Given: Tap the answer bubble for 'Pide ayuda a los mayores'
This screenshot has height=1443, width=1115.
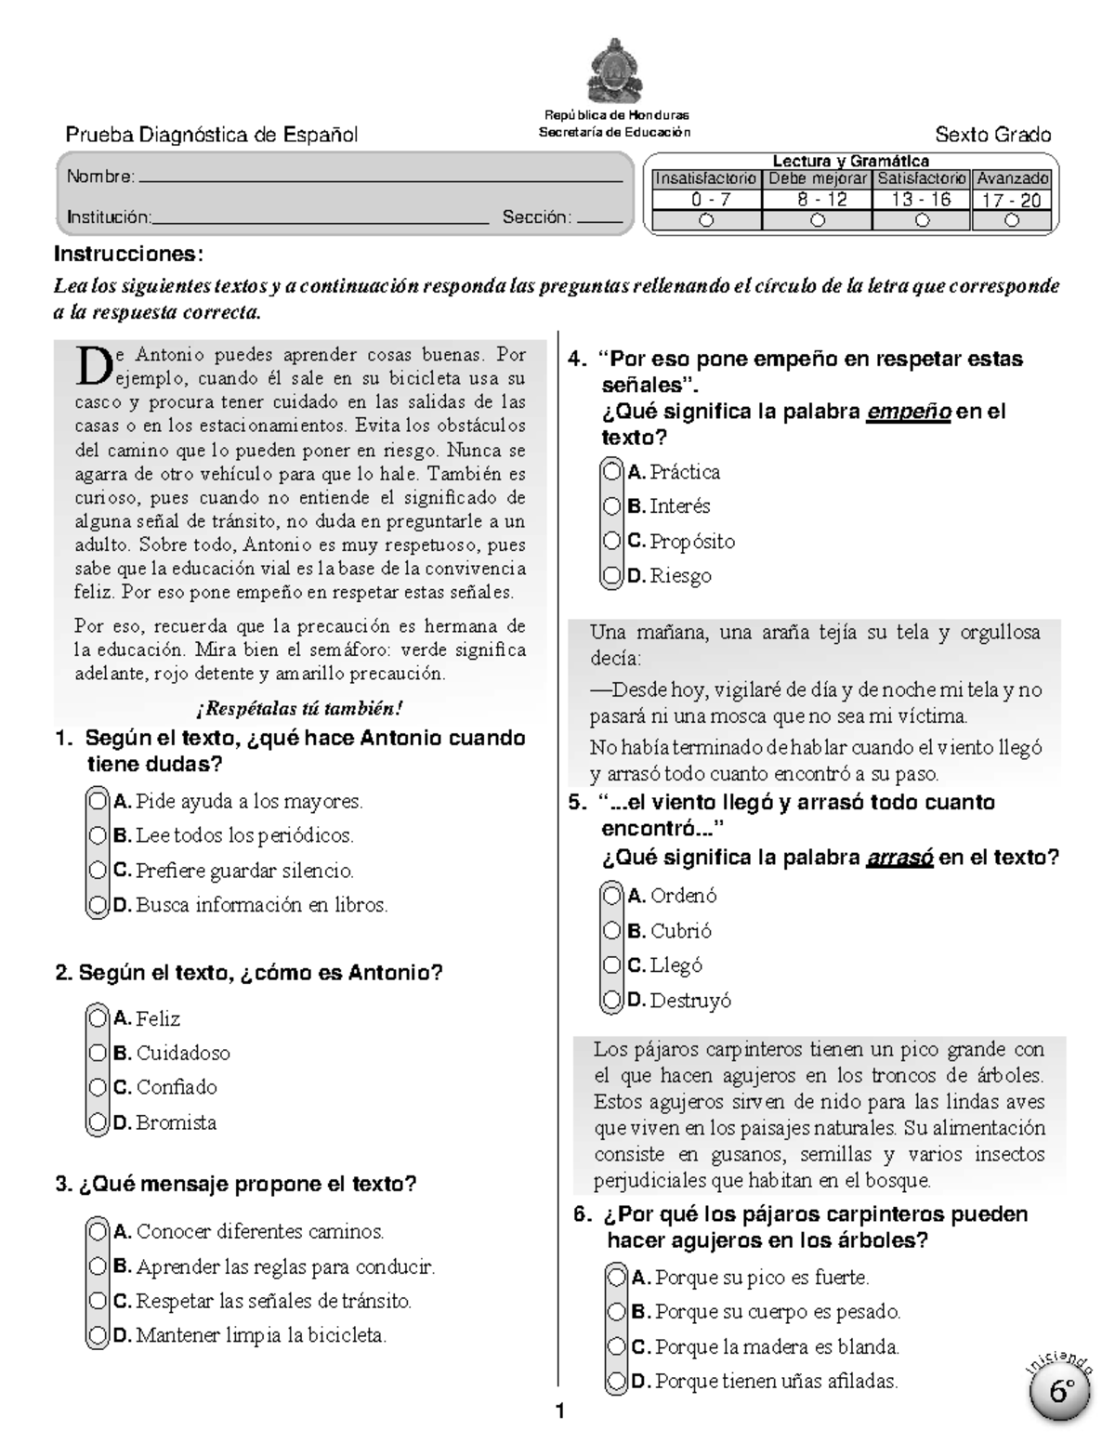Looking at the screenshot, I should coord(98,800).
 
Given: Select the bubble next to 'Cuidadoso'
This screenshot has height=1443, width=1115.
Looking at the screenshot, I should coord(98,1053).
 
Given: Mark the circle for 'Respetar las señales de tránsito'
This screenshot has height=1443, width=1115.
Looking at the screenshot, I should coord(98,1301).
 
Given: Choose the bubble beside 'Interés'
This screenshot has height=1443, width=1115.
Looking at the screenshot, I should coord(611,506).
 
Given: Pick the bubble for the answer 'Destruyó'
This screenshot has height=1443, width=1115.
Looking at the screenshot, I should coord(611,1000).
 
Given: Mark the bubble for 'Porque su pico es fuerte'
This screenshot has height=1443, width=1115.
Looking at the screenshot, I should coord(616,1277).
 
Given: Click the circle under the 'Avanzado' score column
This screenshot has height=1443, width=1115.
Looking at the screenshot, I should coord(1012,220).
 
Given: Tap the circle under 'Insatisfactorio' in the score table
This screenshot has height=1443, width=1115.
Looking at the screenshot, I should coord(707,220).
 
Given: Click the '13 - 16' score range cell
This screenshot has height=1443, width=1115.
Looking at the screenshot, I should coord(921,200).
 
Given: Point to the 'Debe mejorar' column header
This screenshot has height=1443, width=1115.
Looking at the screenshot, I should coord(818,178).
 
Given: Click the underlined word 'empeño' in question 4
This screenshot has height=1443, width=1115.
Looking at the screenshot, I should coord(908,412).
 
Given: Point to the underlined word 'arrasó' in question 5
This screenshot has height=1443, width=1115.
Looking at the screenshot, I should coord(899,858).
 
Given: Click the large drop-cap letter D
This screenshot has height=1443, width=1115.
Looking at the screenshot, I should coord(94,366).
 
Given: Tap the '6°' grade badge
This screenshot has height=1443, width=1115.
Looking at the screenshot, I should coord(1061,1391).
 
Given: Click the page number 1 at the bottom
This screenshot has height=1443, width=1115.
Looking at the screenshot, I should coord(559,1412).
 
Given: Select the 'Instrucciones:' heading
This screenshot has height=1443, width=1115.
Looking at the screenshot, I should coord(128,254).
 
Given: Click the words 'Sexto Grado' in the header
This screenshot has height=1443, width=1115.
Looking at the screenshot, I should coord(992,135).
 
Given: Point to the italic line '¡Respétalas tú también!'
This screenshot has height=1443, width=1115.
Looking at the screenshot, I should coord(299,709).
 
